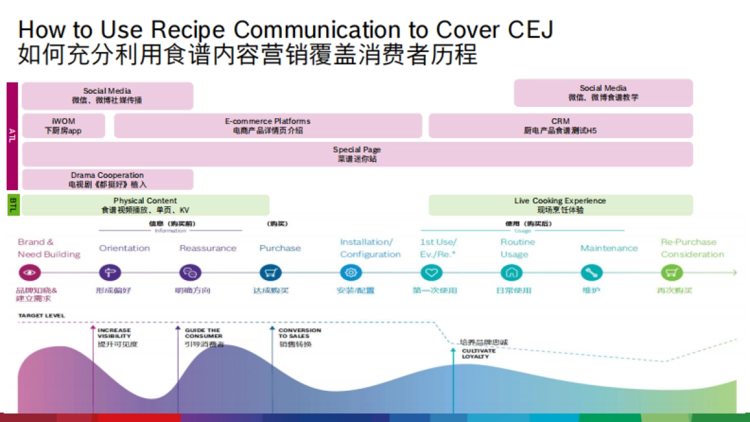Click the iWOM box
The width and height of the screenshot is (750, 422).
pyautogui.click(x=63, y=126)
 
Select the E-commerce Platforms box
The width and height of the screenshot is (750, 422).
pyautogui.click(x=267, y=126)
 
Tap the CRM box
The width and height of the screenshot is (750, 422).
pyautogui.click(x=560, y=126)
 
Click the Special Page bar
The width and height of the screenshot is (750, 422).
pyautogui.click(x=357, y=154)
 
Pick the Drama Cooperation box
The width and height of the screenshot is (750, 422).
pyautogui.click(x=107, y=179)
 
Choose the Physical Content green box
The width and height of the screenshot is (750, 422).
pyautogui.click(x=145, y=205)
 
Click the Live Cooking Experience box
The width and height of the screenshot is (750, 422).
pyautogui.click(x=560, y=205)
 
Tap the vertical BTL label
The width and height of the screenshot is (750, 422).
pyautogui.click(x=12, y=204)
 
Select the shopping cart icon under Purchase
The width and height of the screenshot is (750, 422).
pyautogui.click(x=271, y=273)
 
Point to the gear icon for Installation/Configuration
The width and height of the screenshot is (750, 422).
pyautogui.click(x=351, y=273)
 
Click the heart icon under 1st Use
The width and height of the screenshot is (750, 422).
pyautogui.click(x=431, y=273)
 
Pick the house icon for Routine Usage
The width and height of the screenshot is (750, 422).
pyautogui.click(x=511, y=273)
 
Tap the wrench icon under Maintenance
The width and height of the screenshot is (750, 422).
pyautogui.click(x=591, y=273)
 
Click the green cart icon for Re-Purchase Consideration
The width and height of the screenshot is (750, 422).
pyautogui.click(x=671, y=273)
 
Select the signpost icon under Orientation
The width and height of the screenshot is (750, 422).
pyautogui.click(x=110, y=273)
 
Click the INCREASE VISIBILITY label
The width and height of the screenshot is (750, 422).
pyautogui.click(x=115, y=333)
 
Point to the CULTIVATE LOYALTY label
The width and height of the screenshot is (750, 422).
pyautogui.click(x=479, y=354)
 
